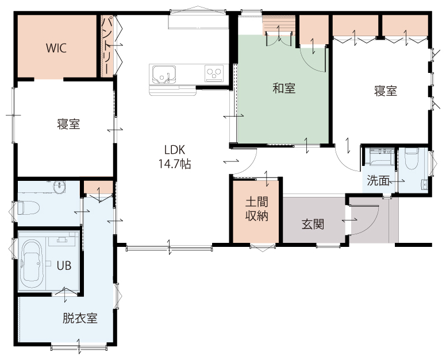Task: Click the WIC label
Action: tap(56, 48)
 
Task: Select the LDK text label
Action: tap(174, 150)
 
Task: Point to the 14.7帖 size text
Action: tap(174, 164)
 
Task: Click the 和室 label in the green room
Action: tap(284, 88)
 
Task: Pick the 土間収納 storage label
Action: tap(257, 210)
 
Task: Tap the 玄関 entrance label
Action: tap(313, 224)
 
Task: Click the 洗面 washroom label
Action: tap(378, 181)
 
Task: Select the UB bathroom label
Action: tap(64, 266)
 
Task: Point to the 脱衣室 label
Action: tap(80, 318)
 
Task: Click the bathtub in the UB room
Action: tap(32, 264)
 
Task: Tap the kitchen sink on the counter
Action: tap(164, 75)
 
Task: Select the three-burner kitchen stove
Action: tap(214, 73)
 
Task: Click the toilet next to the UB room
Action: tap(28, 208)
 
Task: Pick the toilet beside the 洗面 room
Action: tap(412, 160)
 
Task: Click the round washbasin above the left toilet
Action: tap(59, 187)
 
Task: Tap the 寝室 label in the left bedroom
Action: tap(68, 124)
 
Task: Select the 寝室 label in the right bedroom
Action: tap(386, 91)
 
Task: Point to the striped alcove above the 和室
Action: tap(279, 25)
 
